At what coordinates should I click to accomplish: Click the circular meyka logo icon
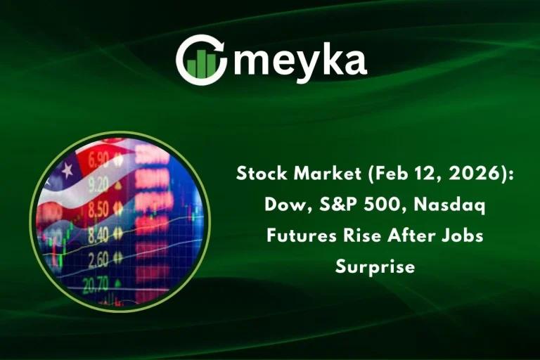coord(201,59)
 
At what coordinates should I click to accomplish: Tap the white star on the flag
coord(68,169)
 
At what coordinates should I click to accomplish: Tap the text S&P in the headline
coord(325,205)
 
